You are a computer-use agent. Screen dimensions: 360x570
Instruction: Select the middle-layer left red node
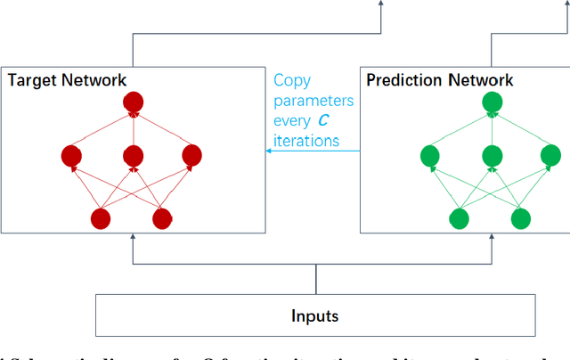pyautogui.click(x=72, y=157)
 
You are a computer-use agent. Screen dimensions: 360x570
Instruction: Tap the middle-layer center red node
pyautogui.click(x=132, y=157)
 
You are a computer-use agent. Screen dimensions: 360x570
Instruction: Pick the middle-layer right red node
pyautogui.click(x=191, y=157)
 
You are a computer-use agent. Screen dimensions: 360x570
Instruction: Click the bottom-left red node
pyautogui.click(x=101, y=217)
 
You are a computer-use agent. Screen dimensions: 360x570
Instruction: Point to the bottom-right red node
pyautogui.click(x=161, y=217)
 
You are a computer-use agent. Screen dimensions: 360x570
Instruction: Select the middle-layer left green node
pyautogui.click(x=431, y=157)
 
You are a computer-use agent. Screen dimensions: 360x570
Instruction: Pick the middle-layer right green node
pyautogui.click(x=550, y=157)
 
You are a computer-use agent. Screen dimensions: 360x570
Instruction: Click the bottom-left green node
pyautogui.click(x=460, y=217)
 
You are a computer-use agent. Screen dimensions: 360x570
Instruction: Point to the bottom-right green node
pyautogui.click(x=521, y=217)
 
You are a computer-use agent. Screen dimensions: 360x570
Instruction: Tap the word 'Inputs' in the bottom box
pyautogui.click(x=315, y=316)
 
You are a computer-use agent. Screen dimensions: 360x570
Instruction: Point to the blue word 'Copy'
pyautogui.click(x=291, y=79)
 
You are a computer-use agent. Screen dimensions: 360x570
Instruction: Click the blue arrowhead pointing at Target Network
pyautogui.click(x=270, y=151)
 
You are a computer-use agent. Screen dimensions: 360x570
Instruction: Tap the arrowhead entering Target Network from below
pyautogui.click(x=133, y=238)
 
